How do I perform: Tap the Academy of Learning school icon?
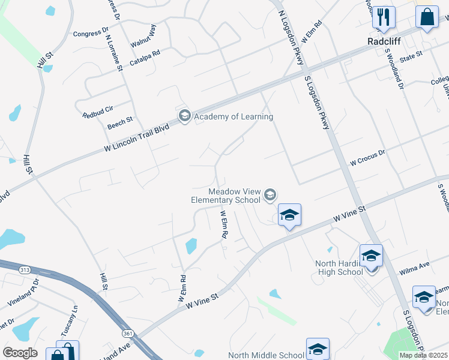184,116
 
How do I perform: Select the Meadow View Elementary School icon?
270,194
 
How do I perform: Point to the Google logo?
20,352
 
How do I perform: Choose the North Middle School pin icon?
318,348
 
